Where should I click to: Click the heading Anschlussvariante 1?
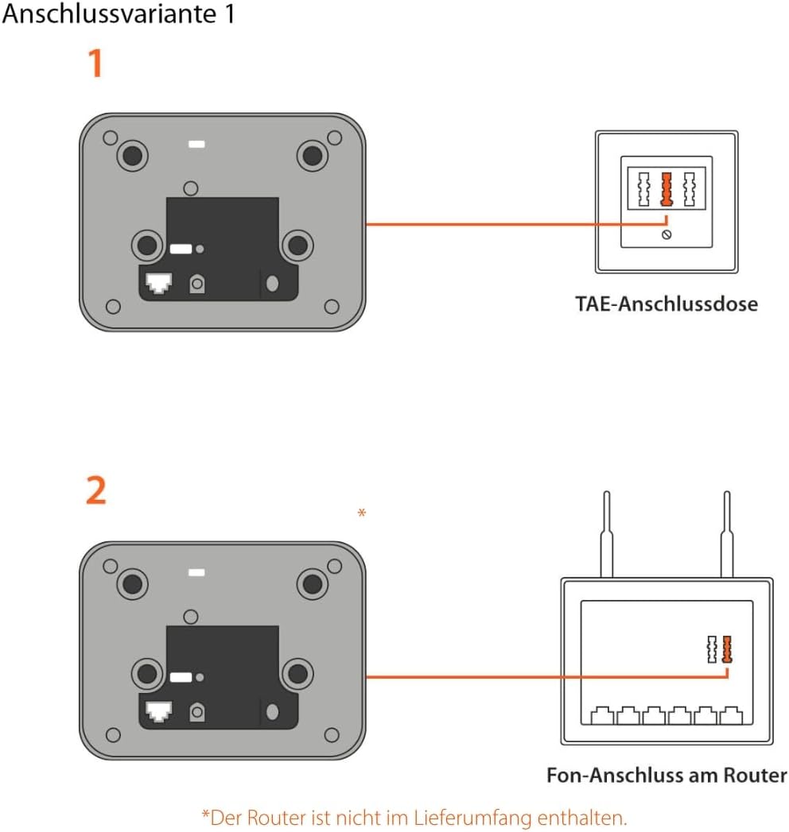coord(119,15)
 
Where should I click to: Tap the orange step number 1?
coord(95,64)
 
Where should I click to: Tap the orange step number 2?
coord(95,492)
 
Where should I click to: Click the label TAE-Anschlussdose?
coord(667,304)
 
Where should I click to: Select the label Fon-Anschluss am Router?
coord(667,775)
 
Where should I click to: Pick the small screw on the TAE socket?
coord(667,234)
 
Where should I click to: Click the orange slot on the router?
coord(726,649)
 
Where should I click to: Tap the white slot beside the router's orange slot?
coord(712,649)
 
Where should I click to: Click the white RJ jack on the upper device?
coord(159,282)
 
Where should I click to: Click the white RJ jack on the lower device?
coord(159,711)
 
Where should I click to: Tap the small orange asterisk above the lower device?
coord(362,514)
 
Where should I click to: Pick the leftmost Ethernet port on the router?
coord(602,717)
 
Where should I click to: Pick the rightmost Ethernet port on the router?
coord(731,717)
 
